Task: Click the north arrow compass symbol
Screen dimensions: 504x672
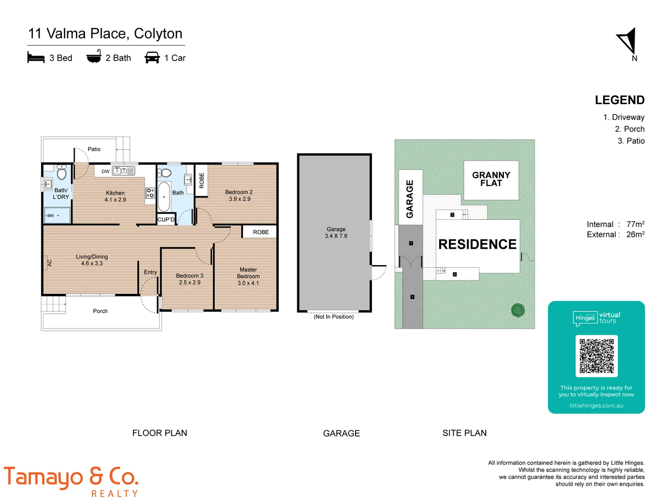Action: (x=628, y=42)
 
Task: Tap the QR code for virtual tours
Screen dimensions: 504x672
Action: (x=596, y=356)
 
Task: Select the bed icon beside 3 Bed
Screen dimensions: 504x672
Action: (x=36, y=57)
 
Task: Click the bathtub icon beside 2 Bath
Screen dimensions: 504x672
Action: (x=94, y=57)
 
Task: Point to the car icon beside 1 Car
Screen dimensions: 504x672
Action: (x=152, y=57)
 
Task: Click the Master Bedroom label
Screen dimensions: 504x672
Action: (x=248, y=273)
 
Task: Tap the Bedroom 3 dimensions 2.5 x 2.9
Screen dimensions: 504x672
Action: (x=189, y=283)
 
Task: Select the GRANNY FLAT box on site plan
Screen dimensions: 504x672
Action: (x=491, y=180)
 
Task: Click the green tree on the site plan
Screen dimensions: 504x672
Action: (x=518, y=310)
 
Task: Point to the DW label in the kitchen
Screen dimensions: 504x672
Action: (x=105, y=171)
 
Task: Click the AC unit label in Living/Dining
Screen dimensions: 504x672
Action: (x=49, y=263)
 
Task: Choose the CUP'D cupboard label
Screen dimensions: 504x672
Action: (x=166, y=219)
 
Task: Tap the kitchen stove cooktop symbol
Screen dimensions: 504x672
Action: (x=150, y=193)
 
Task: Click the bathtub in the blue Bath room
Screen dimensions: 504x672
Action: (x=164, y=197)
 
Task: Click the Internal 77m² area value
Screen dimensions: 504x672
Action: (x=635, y=224)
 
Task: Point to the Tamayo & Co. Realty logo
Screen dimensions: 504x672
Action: (x=71, y=481)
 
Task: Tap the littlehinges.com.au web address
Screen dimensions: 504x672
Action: (x=596, y=406)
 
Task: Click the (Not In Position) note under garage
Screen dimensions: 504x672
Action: (x=334, y=317)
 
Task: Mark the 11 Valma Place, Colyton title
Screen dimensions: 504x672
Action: (x=105, y=34)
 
